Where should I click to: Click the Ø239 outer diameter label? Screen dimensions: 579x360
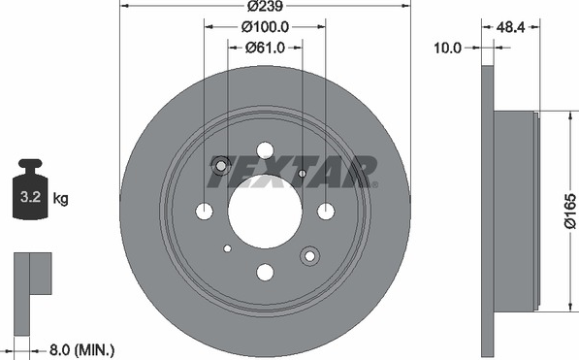pos(265,6)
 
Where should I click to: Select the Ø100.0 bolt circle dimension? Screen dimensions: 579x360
pos(265,26)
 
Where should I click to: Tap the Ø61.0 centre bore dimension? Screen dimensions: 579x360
pos(265,48)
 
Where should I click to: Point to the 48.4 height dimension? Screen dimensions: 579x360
pos(510,27)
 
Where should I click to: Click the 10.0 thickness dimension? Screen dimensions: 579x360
pos(447,48)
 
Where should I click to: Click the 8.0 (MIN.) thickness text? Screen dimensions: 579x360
pos(81,349)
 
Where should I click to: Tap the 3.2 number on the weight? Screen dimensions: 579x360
pos(30,197)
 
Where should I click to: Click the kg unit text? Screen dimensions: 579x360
pos(60,198)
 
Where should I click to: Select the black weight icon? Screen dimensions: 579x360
pos(30,189)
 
